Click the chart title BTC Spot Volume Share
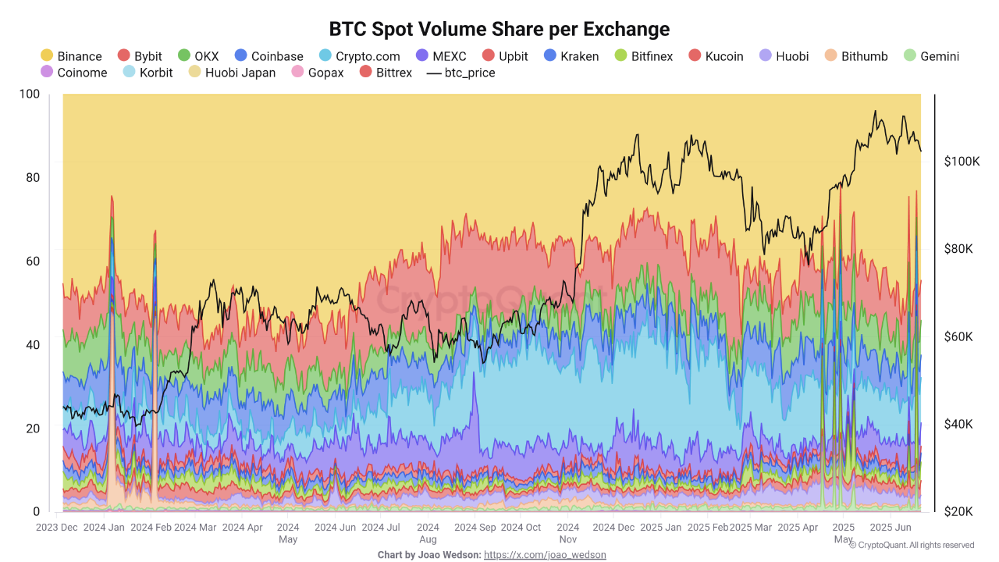[x=499, y=30]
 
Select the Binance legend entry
[x=71, y=56]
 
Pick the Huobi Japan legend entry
[x=233, y=73]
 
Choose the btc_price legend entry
[x=461, y=73]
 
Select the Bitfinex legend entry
[x=644, y=56]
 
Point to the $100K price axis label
[x=961, y=162]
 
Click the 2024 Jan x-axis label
[x=105, y=528]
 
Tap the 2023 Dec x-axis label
[x=57, y=528]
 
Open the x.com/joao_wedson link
[x=545, y=555]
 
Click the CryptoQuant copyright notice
[x=912, y=545]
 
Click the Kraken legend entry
[x=571, y=56]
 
